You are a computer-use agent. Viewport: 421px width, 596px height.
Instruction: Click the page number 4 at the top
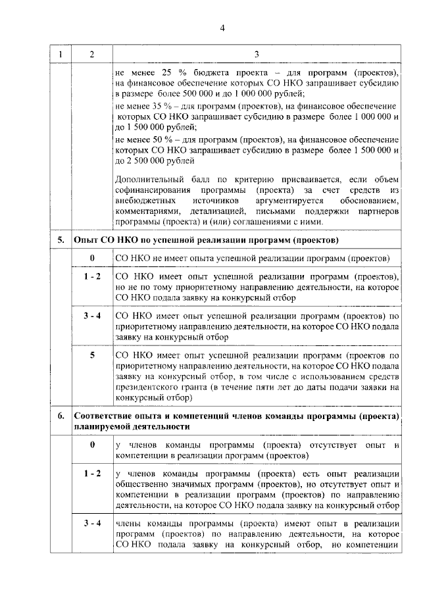coord(222,28)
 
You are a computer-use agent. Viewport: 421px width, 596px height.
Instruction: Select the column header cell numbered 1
coord(61,54)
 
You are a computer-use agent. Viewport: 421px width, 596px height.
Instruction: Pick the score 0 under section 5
coord(91,257)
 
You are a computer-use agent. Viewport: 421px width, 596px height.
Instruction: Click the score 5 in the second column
coord(91,356)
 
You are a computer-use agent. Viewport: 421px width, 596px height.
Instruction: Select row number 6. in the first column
coord(61,416)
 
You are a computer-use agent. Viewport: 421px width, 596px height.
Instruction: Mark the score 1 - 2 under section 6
coord(91,474)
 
